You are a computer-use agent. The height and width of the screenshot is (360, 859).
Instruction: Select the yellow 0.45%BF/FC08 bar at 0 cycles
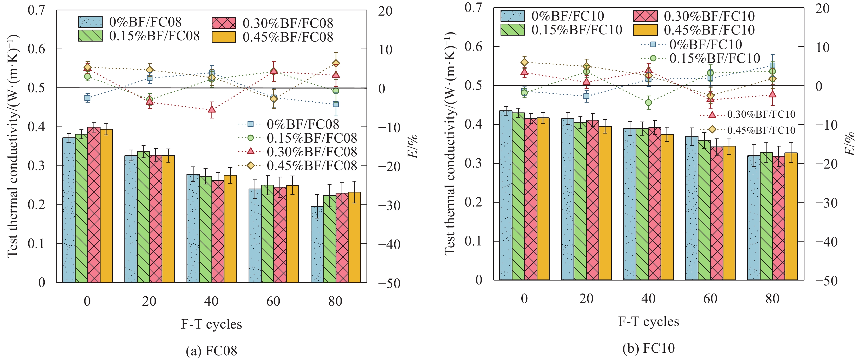106,207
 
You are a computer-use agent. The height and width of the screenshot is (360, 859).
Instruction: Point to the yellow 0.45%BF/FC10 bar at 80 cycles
791,217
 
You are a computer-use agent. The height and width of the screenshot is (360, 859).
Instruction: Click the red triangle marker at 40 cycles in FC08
212,109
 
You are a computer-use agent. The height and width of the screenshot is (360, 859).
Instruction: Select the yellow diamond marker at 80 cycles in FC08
336,63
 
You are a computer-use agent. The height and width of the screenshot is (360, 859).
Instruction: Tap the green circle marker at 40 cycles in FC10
649,102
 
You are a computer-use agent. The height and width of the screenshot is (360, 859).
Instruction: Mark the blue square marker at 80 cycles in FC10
772,66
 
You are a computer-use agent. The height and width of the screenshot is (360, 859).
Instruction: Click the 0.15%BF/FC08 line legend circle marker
251,138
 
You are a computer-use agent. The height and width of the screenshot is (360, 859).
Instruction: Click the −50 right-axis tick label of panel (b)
826,281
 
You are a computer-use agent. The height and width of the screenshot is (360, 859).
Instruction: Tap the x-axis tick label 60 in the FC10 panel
710,299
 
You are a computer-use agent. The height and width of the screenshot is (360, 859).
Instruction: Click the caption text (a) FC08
211,351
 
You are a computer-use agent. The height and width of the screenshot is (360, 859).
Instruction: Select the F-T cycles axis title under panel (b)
649,322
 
